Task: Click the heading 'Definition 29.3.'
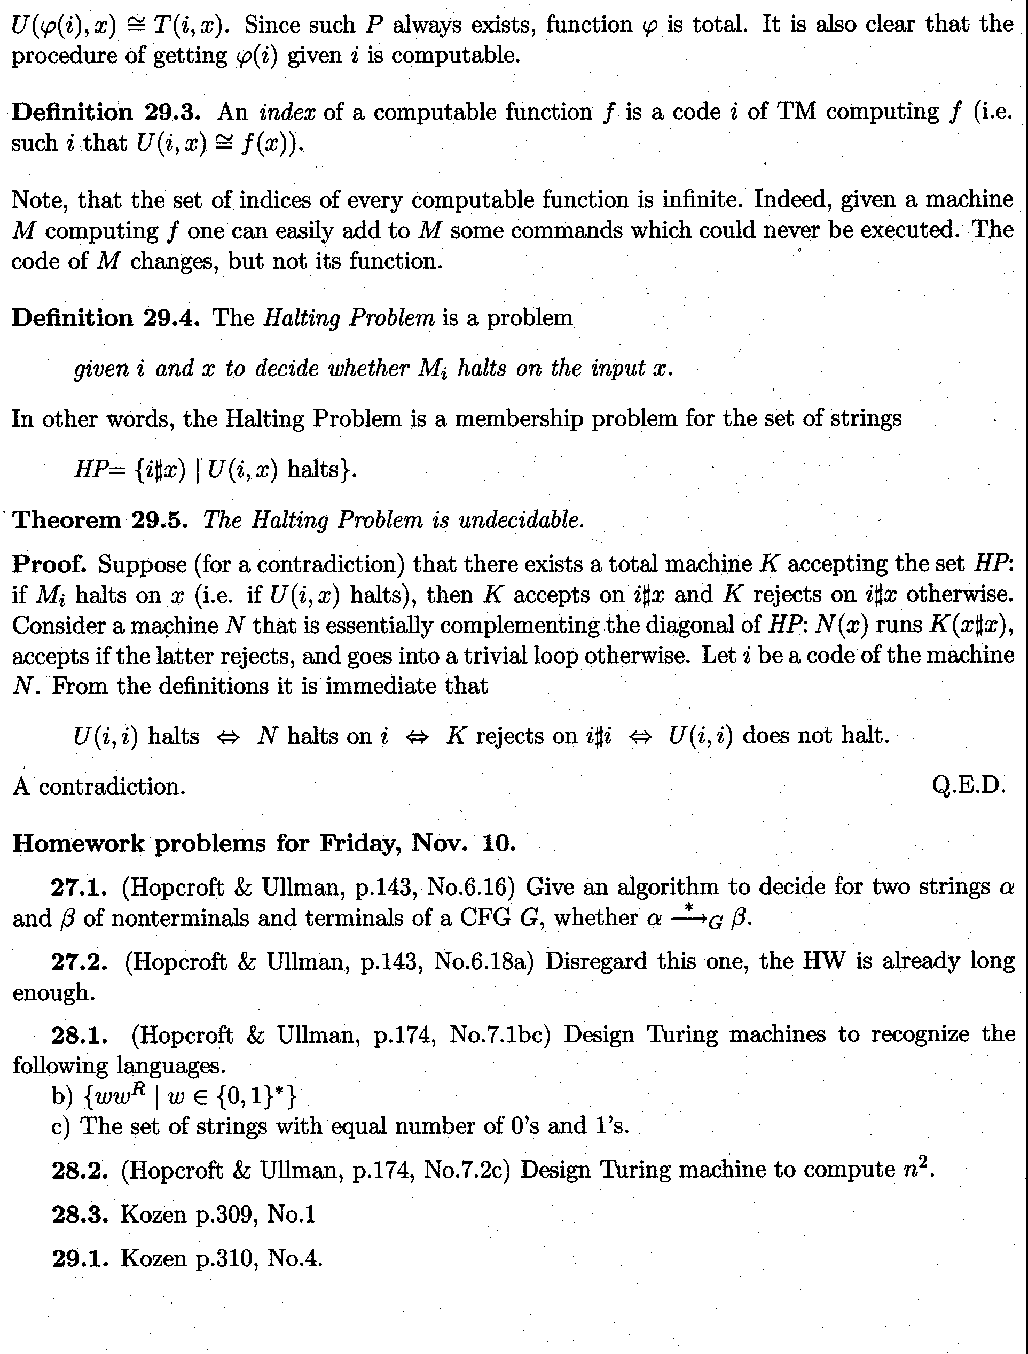105,113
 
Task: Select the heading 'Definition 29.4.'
105,318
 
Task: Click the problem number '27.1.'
79,888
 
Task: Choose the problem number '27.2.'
80,962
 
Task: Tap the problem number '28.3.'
80,1215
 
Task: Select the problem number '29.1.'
80,1258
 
